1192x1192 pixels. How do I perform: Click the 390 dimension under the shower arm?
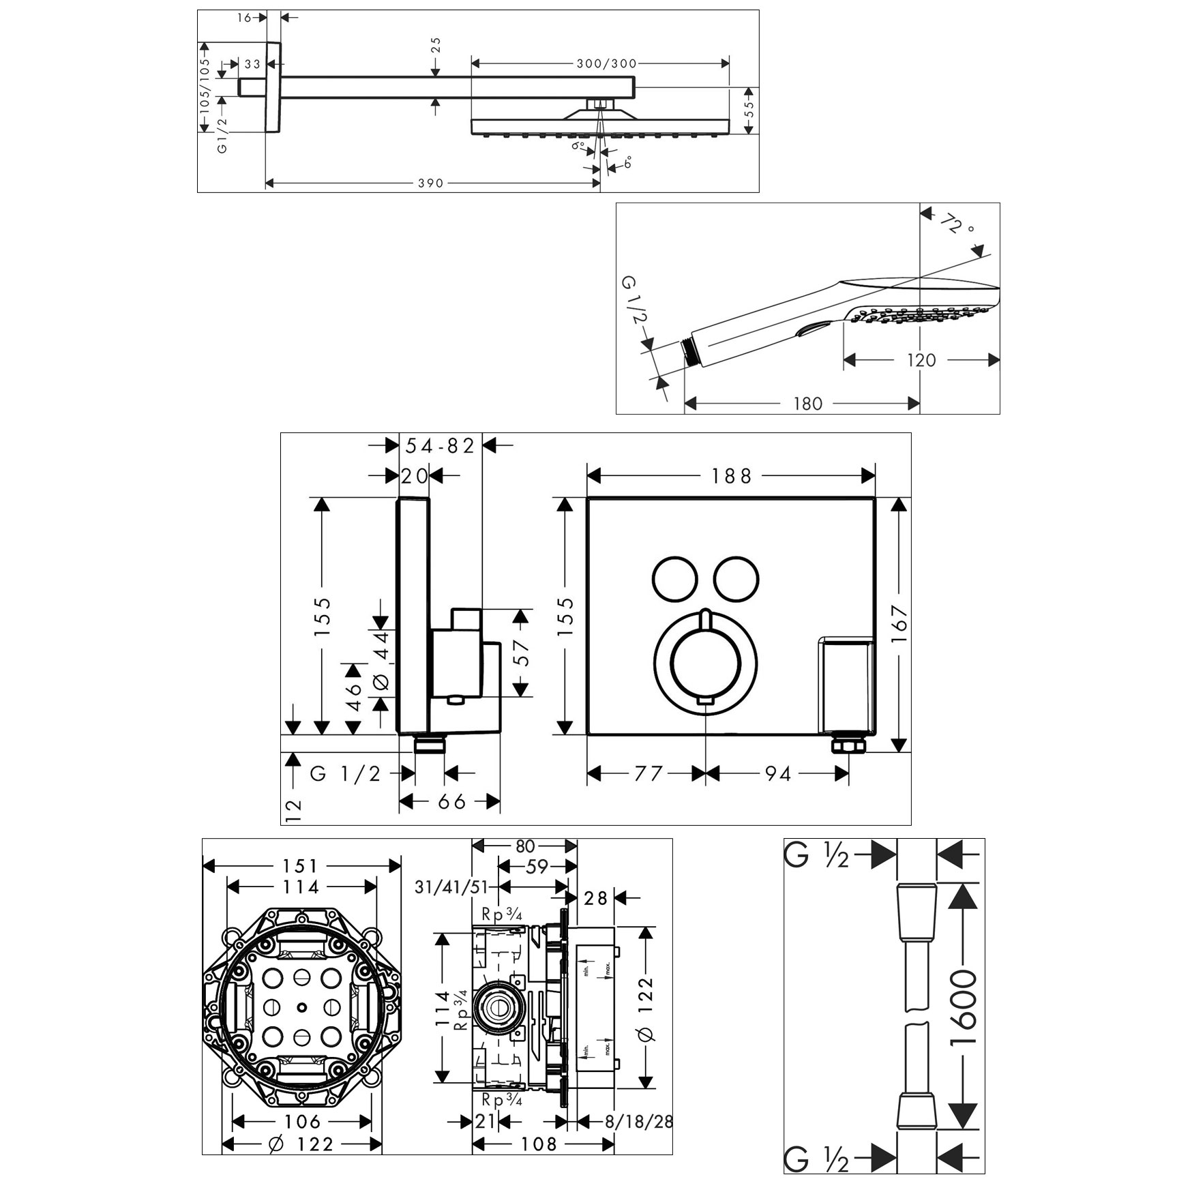pyautogui.click(x=430, y=183)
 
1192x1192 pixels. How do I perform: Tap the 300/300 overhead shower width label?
pyautogui.click(x=606, y=63)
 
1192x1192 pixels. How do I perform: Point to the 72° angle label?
pyautogui.click(x=956, y=224)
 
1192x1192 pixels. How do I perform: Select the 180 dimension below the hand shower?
pyautogui.click(x=807, y=404)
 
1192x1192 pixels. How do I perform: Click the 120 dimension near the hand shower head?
pyautogui.click(x=921, y=360)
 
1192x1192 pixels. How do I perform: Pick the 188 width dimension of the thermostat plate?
pyautogui.click(x=731, y=475)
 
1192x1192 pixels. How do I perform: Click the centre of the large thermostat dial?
pyautogui.click(x=706, y=660)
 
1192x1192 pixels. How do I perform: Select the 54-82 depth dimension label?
pyautogui.click(x=440, y=446)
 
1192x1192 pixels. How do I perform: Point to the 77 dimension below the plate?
pyautogui.click(x=648, y=773)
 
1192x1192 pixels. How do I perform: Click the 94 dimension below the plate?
pyautogui.click(x=777, y=773)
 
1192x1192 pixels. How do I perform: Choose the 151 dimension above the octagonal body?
pyautogui.click(x=301, y=866)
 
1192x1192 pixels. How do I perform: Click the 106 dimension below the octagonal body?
pyautogui.click(x=302, y=1121)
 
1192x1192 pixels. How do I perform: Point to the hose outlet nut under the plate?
pyautogui.click(x=848, y=744)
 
